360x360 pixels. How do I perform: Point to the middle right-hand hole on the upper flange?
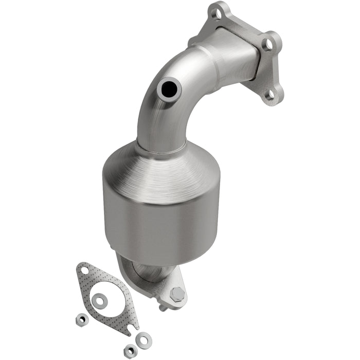pyautogui.click(x=267, y=44)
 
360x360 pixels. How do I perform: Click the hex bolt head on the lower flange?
pyautogui.click(x=177, y=295)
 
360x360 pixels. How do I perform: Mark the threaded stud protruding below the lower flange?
pyautogui.click(x=164, y=308)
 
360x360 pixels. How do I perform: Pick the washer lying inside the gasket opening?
pyautogui.click(x=98, y=298)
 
